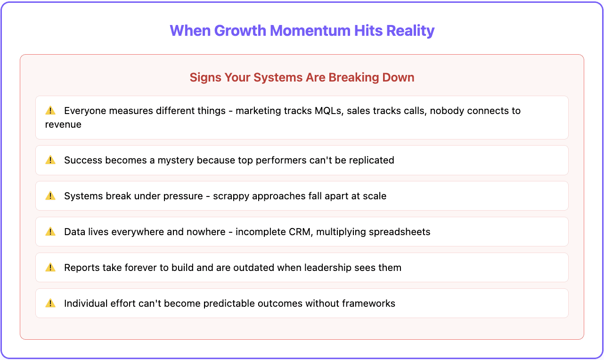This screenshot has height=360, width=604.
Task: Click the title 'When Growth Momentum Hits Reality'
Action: (x=302, y=31)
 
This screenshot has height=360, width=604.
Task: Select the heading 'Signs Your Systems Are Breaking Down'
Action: (x=302, y=78)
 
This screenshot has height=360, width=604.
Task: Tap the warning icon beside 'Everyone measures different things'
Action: (x=50, y=111)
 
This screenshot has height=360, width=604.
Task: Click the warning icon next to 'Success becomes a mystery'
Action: (x=50, y=160)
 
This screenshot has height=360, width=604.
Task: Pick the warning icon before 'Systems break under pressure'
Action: (x=50, y=196)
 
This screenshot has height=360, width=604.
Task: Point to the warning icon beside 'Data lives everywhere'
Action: (x=50, y=232)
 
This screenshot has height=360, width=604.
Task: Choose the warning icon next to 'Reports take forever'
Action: (x=50, y=268)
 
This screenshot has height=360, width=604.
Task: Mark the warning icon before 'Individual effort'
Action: (x=50, y=303)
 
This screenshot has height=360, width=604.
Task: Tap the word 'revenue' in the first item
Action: (x=63, y=125)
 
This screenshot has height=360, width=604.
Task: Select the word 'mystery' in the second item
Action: (x=176, y=160)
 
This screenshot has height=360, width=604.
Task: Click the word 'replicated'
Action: (x=370, y=160)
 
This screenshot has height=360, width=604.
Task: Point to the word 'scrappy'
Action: (x=230, y=196)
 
